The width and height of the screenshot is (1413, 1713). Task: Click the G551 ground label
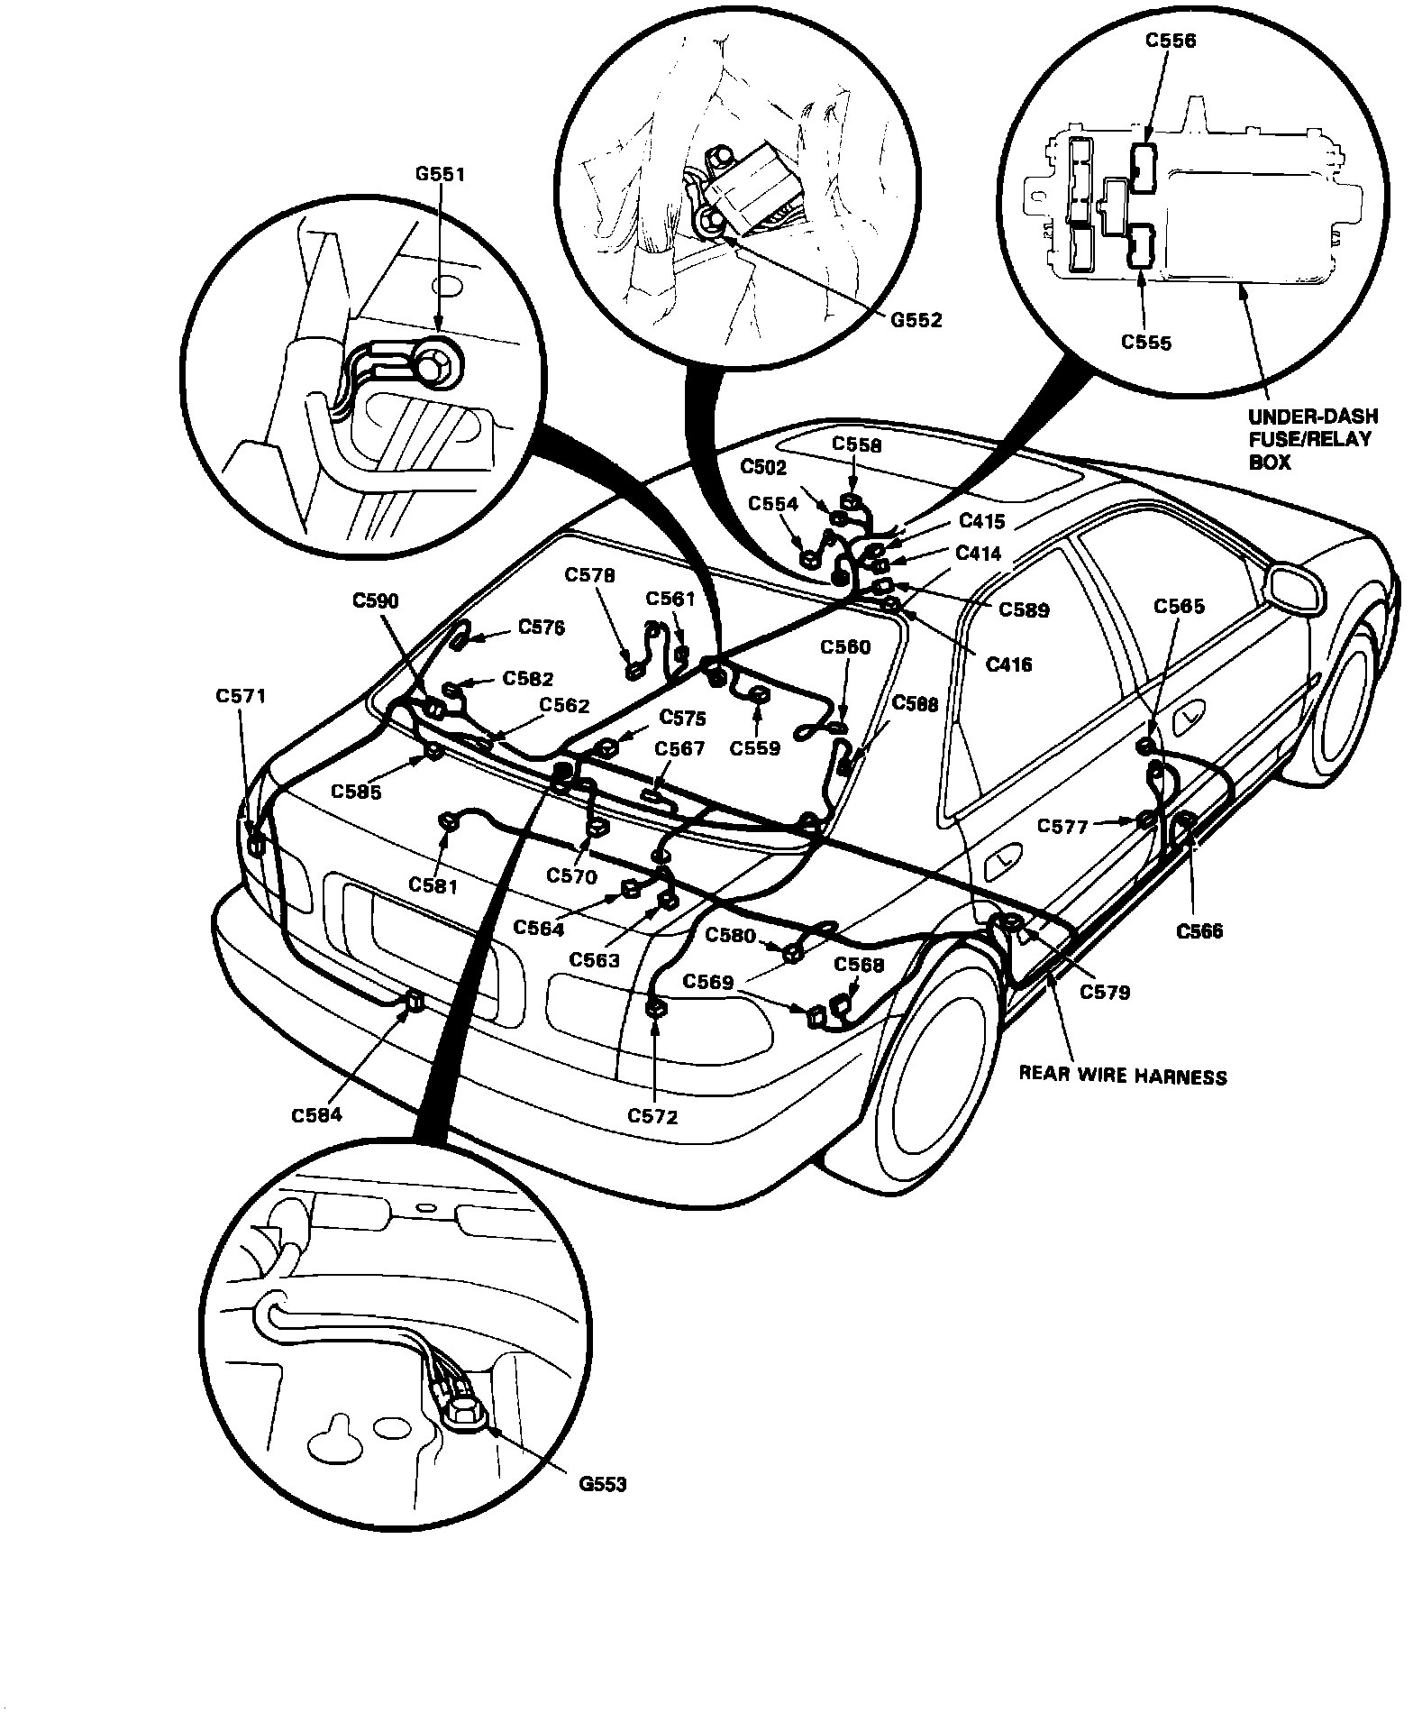point(440,174)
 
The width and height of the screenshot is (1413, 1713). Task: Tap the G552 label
point(917,320)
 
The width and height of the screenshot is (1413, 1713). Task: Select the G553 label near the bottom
point(603,1484)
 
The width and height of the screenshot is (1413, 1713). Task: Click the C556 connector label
point(1171,41)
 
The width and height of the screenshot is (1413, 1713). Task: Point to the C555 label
point(1146,343)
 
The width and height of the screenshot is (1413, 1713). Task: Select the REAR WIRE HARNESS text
point(1122,1076)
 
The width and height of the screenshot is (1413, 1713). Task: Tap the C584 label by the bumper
point(316,1115)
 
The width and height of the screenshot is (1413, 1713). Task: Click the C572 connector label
point(652,1117)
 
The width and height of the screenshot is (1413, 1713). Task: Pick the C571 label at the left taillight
point(241,696)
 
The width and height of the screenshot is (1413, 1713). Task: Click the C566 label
point(1199,931)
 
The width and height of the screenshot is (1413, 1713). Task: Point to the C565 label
point(1180,607)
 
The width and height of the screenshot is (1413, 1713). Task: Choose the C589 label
point(1024,610)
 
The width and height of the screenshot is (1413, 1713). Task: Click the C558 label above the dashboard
point(856,445)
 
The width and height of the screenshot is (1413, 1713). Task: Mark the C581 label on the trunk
point(433,885)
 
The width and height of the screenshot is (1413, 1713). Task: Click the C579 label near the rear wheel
point(1104,992)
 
